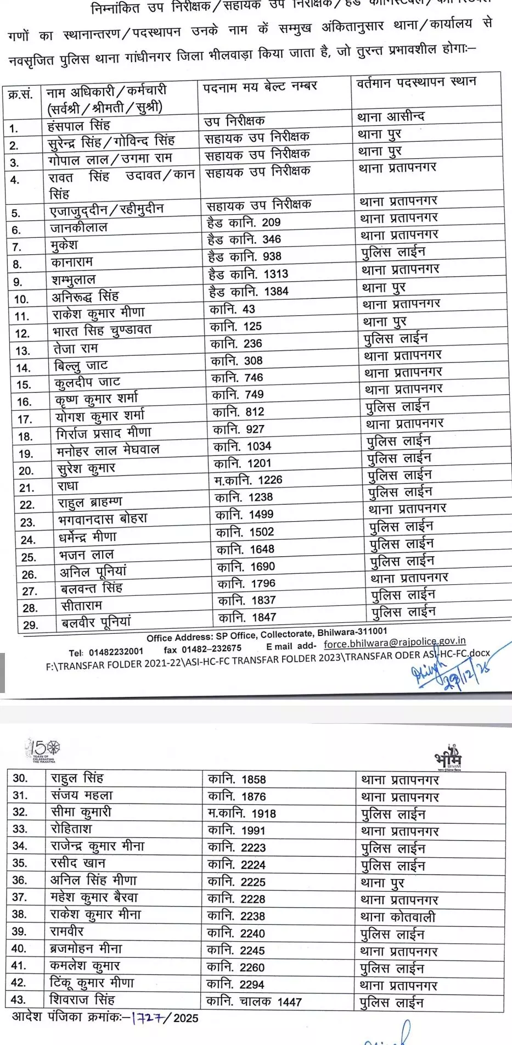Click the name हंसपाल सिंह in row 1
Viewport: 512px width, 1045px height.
pyautogui.click(x=78, y=125)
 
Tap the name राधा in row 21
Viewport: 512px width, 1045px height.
pyautogui.click(x=68, y=486)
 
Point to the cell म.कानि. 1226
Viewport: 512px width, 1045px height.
pyautogui.click(x=248, y=480)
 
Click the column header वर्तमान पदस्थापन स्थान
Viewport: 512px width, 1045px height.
pyautogui.click(x=416, y=83)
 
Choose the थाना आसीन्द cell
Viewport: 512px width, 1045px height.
pyautogui.click(x=391, y=116)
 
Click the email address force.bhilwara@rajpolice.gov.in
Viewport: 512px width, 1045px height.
pyautogui.click(x=395, y=642)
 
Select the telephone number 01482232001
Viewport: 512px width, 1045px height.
pyautogui.click(x=116, y=652)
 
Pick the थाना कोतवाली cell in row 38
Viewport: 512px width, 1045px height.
pyautogui.click(x=398, y=917)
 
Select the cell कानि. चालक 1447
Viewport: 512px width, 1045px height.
pyautogui.click(x=254, y=1002)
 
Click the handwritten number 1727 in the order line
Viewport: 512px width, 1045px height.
pyautogui.click(x=147, y=1018)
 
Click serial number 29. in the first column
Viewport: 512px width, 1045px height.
pyautogui.click(x=31, y=625)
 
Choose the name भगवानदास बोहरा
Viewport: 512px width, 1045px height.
pyautogui.click(x=103, y=519)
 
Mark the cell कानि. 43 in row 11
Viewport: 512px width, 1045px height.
pyautogui.click(x=233, y=309)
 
